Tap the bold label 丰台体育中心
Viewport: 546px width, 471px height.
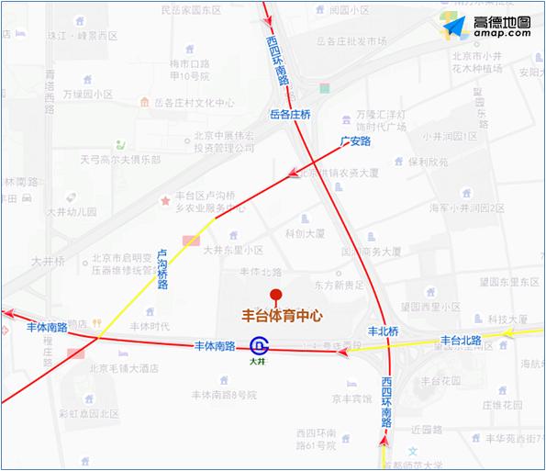pos(282,315)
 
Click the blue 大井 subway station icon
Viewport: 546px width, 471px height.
pos(259,345)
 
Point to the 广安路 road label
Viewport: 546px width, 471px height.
pos(354,141)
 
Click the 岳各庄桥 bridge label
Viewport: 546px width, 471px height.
pos(291,114)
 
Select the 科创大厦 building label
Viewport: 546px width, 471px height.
pos(305,233)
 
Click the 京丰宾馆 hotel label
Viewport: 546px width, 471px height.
pos(352,399)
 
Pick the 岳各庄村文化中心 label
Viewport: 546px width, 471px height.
pos(193,102)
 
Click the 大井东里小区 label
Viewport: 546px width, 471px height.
pos(233,250)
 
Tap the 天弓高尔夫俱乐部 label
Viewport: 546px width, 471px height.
pos(119,159)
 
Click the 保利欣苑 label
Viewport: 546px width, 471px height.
pos(429,162)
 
